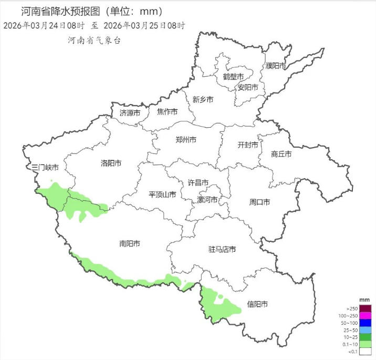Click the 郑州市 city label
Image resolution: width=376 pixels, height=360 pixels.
[x=186, y=140]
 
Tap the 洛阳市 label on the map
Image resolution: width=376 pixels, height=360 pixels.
[x=111, y=163]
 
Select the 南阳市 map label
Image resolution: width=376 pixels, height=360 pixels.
[x=129, y=243]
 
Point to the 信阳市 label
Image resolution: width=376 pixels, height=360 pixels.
[x=258, y=304]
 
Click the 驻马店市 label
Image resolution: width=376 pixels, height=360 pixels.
[x=222, y=250]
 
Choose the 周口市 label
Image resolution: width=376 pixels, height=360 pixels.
[x=259, y=202]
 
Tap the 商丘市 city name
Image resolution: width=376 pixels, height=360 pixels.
[x=281, y=154]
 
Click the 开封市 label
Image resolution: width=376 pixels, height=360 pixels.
[x=248, y=145]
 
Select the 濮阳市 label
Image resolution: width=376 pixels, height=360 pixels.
[x=276, y=66]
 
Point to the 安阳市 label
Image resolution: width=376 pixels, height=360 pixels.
[x=248, y=87]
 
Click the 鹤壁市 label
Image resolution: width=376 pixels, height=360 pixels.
[x=233, y=77]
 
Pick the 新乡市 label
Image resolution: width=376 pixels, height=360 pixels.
[x=203, y=99]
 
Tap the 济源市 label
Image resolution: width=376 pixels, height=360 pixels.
[x=130, y=113]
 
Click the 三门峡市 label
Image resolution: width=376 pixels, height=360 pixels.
[x=45, y=168]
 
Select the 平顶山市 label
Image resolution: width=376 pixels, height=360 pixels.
[x=162, y=194]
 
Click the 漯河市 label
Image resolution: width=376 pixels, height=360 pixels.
[x=206, y=200]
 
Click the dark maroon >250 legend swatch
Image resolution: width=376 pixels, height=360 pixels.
[x=365, y=308]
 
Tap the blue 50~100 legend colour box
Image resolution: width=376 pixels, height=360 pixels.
[x=365, y=323]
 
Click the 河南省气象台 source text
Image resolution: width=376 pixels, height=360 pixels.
[x=94, y=40]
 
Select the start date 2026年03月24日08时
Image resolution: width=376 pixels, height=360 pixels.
[x=44, y=25]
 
